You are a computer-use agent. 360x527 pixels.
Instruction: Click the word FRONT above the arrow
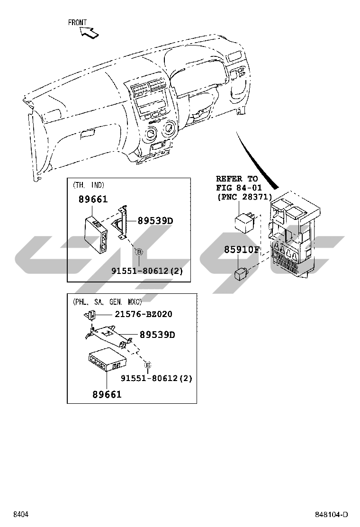pyautogui.click(x=77, y=22)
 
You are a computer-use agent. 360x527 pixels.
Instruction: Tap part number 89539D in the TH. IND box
pyautogui.click(x=155, y=220)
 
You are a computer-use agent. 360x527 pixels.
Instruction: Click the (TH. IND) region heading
pyautogui.click(x=89, y=185)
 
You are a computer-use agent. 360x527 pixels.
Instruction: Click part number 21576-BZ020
pyautogui.click(x=143, y=314)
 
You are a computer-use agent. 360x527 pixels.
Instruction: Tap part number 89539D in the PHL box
pyautogui.click(x=157, y=335)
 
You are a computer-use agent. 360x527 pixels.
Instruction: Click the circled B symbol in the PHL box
pyautogui.click(x=148, y=365)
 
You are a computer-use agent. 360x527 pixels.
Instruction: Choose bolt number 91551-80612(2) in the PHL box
pyautogui.click(x=156, y=378)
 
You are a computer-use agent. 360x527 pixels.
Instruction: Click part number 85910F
pyautogui.click(x=242, y=250)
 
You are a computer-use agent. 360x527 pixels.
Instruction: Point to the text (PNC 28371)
pyautogui.click(x=244, y=197)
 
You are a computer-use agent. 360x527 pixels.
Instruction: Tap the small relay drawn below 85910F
pyautogui.click(x=240, y=273)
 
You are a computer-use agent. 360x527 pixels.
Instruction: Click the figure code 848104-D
pyautogui.click(x=332, y=515)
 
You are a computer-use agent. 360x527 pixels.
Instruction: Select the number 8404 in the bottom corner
pyautogui.click(x=21, y=515)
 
